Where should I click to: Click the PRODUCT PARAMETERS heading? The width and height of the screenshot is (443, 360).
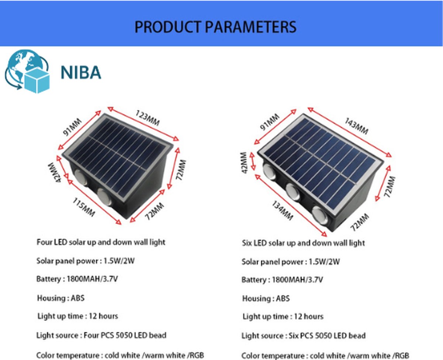[x=216, y=27]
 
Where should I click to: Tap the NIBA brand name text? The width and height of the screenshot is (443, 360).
[x=81, y=72]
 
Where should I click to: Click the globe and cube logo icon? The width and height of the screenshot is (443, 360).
[x=27, y=71]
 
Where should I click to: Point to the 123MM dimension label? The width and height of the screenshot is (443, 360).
[x=147, y=118]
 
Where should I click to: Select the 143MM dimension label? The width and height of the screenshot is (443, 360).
[x=356, y=126]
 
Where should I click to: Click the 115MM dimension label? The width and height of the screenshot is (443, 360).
[x=83, y=207]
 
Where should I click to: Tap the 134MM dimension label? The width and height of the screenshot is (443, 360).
[x=282, y=210]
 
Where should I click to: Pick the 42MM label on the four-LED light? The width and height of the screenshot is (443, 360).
[x=55, y=172]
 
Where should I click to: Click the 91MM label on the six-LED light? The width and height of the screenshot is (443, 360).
[x=269, y=122]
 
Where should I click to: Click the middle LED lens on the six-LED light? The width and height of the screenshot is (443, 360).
[x=293, y=191]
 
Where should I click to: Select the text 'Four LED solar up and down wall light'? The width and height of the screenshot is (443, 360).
[x=101, y=242]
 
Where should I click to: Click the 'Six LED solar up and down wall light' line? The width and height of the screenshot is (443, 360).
[x=303, y=243]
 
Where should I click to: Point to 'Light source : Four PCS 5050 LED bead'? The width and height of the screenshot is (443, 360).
[x=101, y=336]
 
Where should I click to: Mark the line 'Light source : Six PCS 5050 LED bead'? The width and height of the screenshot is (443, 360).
[x=303, y=336]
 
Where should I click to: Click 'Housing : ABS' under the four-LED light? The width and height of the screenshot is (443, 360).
[x=61, y=298]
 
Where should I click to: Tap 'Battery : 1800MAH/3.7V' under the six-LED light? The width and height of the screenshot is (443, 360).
[x=282, y=280]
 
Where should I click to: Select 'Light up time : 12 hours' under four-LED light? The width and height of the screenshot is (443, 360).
[x=78, y=316]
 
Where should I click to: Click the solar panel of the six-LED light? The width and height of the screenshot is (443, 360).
[x=320, y=162]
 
